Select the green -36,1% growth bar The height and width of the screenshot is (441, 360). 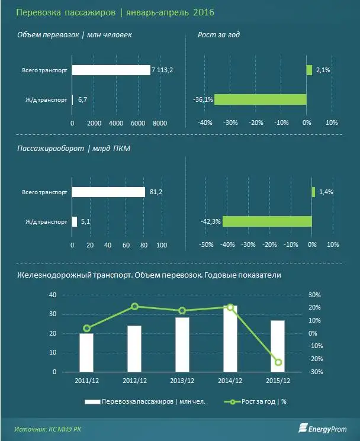(260, 99)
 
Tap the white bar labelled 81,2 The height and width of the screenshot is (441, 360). (108, 192)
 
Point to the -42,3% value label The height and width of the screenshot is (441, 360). (211, 222)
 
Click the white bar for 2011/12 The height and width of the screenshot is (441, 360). (87, 352)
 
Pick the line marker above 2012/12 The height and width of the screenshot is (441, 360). (135, 306)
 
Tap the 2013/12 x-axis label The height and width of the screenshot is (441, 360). (182, 380)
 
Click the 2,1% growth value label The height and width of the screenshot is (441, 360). (323, 70)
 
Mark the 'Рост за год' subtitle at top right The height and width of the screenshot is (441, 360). (218, 35)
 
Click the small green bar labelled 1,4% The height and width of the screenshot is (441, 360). (313, 192)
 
